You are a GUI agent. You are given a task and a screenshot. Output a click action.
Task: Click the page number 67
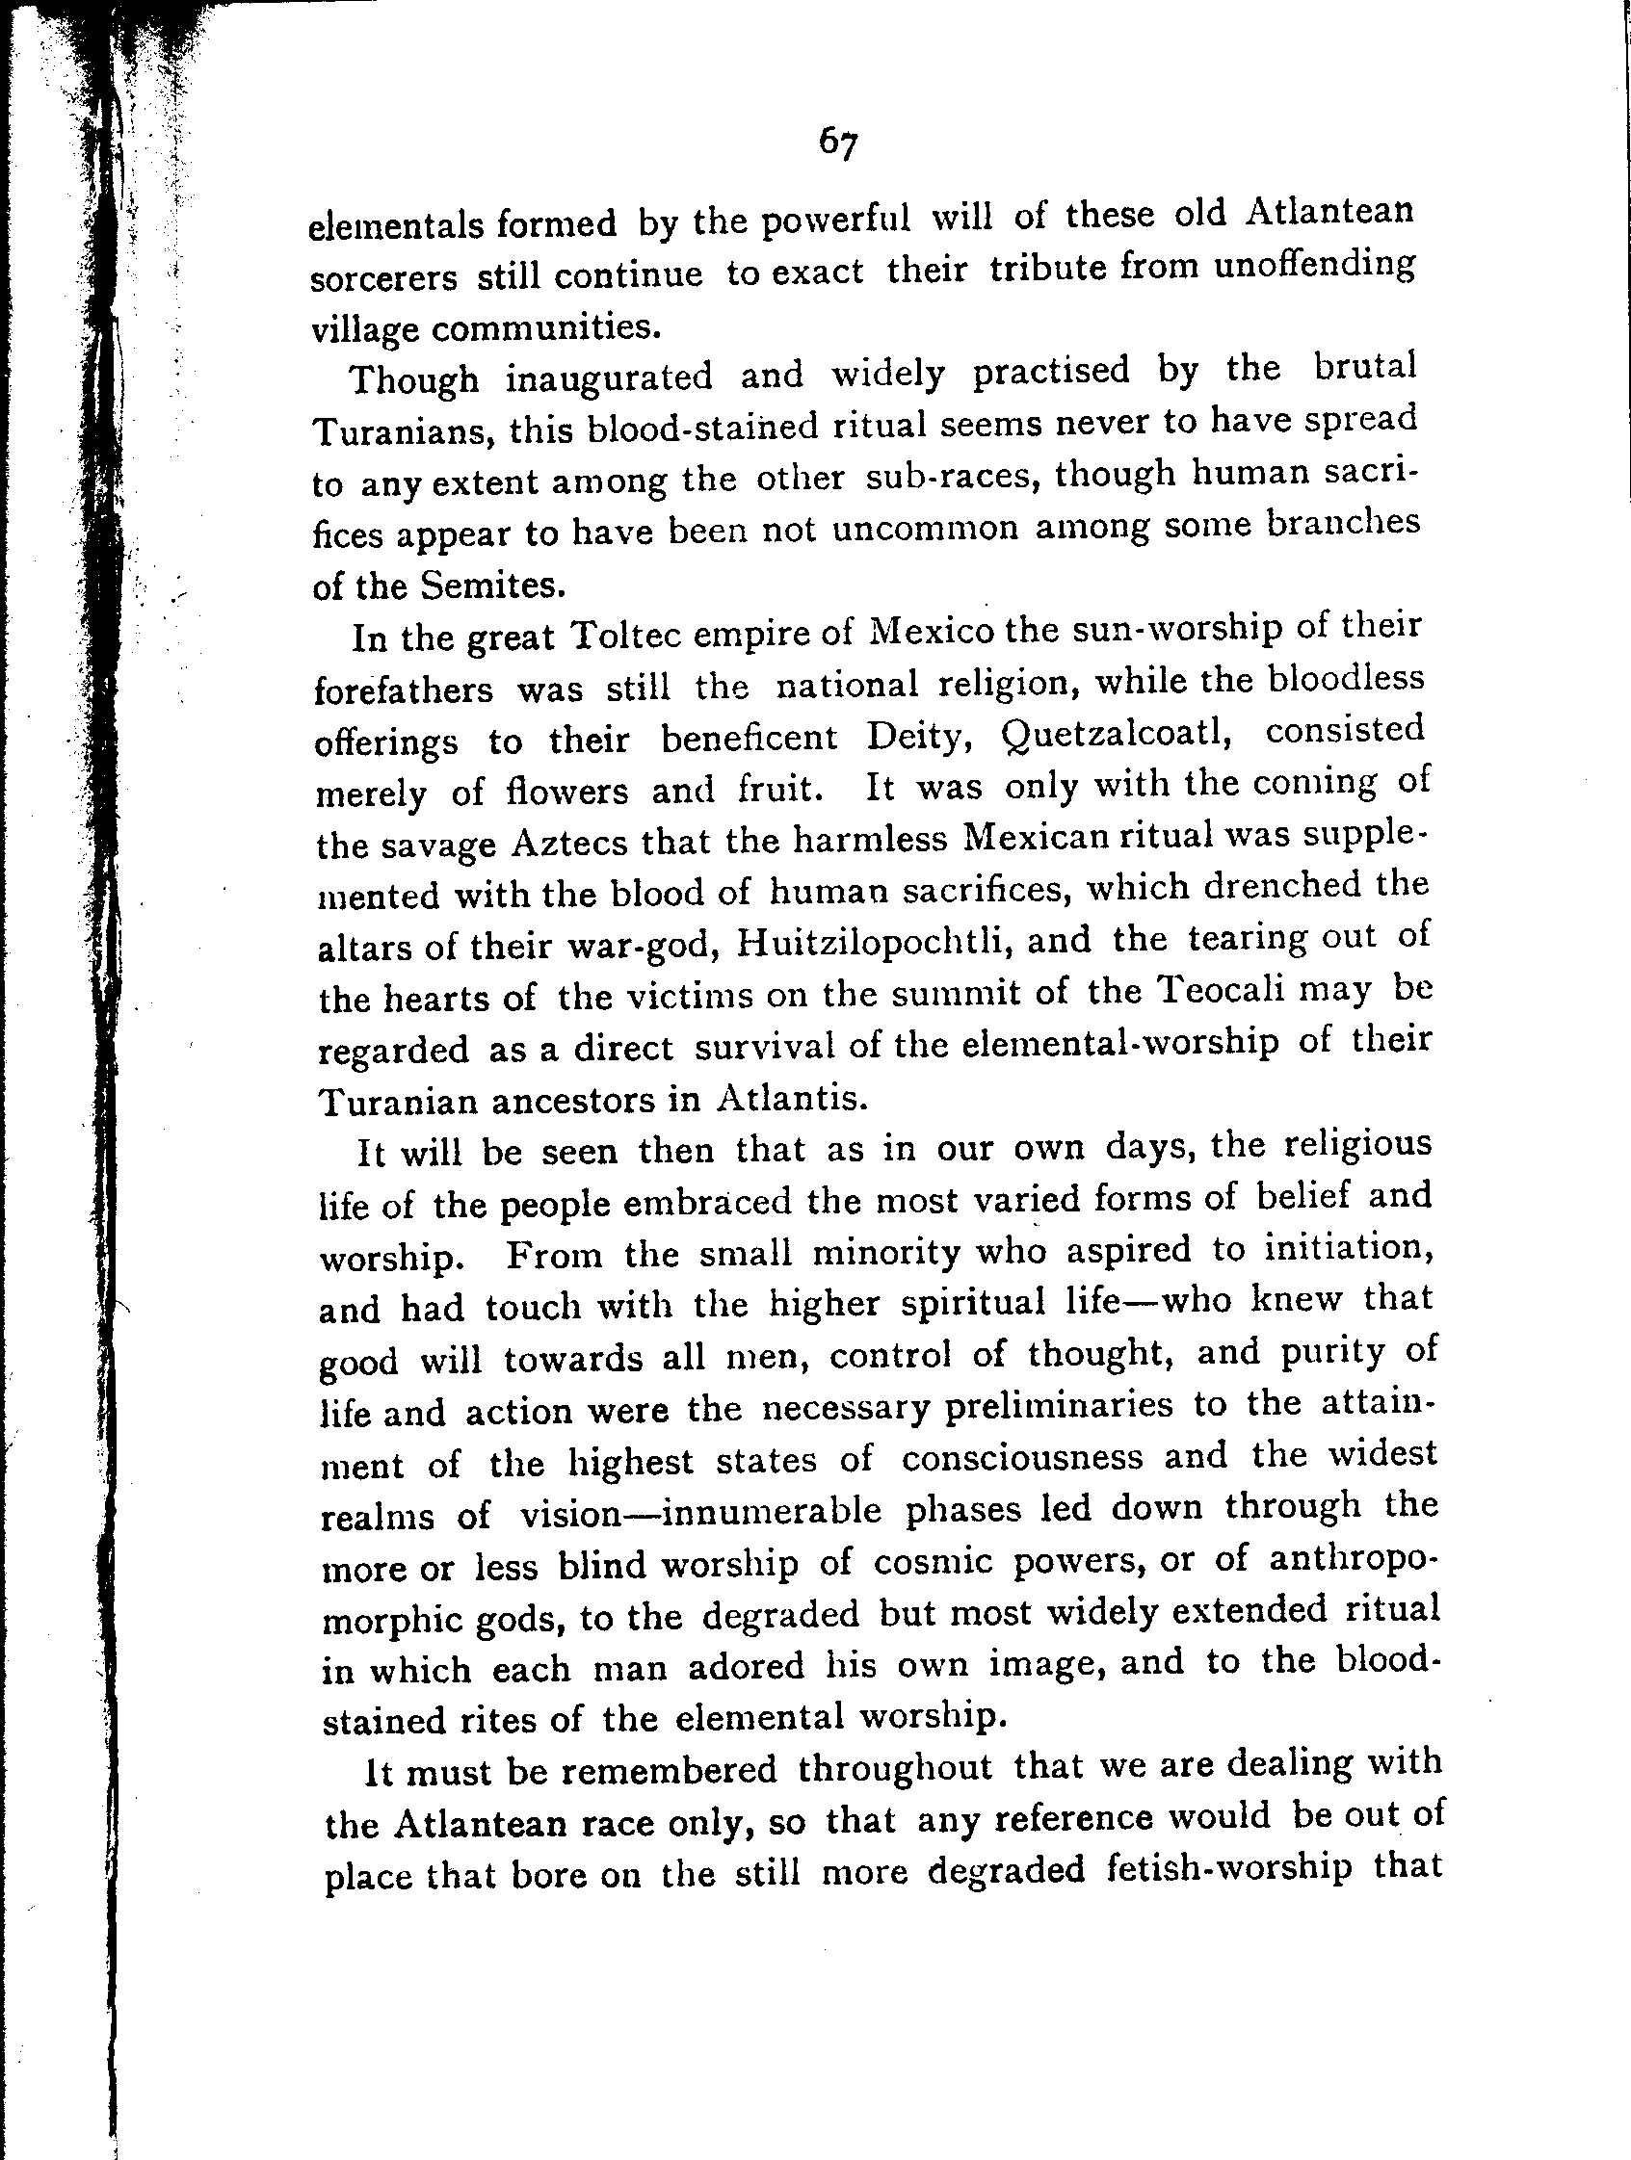point(838,143)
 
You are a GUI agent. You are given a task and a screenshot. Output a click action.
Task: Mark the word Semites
point(492,585)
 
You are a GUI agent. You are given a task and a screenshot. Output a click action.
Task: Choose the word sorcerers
point(382,278)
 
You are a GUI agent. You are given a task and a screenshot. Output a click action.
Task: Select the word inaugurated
point(609,377)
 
